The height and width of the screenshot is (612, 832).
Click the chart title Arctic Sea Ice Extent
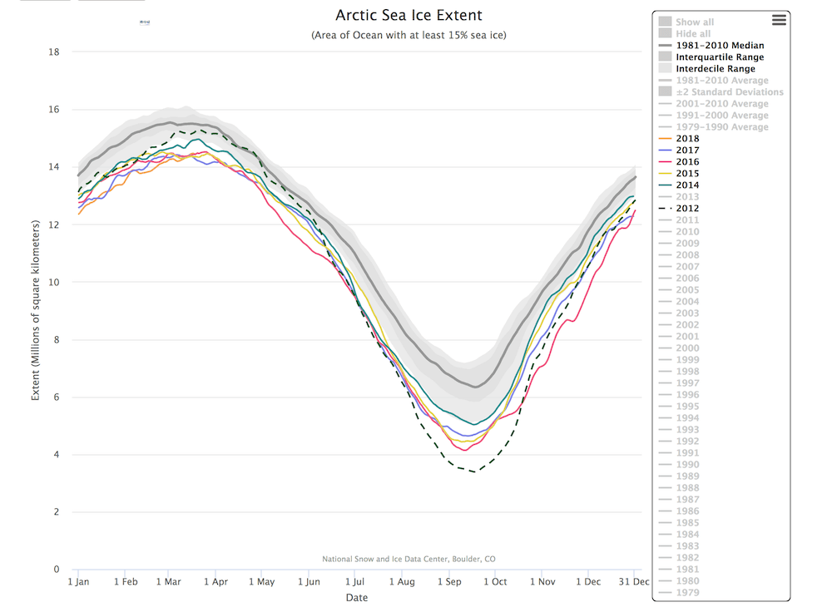point(409,15)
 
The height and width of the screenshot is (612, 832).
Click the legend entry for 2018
point(687,139)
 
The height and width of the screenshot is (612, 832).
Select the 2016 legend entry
point(687,162)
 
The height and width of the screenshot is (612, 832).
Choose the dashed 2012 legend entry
point(687,209)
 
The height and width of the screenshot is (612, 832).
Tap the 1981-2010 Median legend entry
point(720,46)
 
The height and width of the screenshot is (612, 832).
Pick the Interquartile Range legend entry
point(720,57)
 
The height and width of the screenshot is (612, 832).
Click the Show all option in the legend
point(695,22)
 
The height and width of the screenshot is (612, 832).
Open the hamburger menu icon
point(779,20)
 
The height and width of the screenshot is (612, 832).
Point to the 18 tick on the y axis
point(54,52)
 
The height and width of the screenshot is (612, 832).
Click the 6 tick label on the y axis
point(57,397)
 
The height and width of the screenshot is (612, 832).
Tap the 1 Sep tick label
point(450,582)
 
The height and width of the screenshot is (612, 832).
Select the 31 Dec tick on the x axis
point(633,582)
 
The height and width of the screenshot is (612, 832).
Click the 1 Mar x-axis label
point(169,582)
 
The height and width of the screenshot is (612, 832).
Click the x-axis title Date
point(356,597)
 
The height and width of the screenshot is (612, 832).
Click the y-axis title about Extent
point(36,310)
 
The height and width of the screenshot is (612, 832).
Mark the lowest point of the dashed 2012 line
point(473,471)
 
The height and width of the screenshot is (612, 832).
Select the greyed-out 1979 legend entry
point(687,593)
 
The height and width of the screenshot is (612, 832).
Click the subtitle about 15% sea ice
point(409,35)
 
